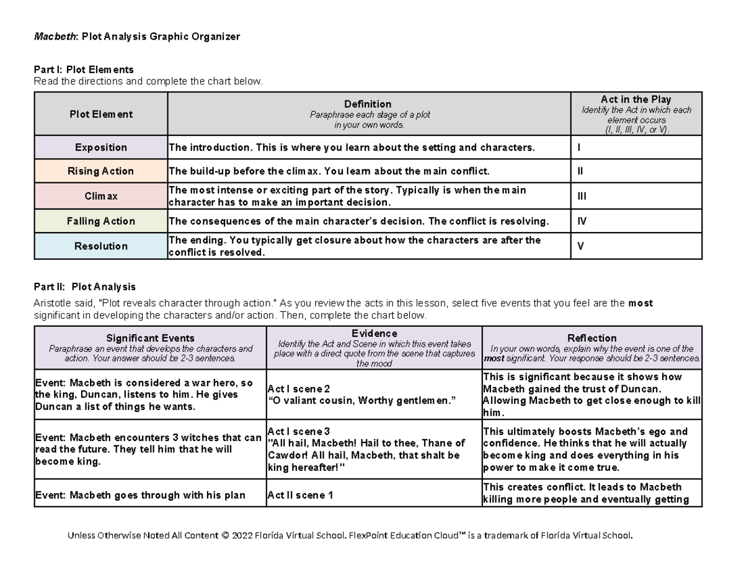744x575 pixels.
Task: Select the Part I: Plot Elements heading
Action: click(84, 69)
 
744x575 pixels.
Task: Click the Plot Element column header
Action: click(101, 114)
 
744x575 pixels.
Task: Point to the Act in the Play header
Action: click(635, 99)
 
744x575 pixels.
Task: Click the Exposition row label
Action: click(101, 148)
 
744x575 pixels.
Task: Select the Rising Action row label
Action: click(101, 171)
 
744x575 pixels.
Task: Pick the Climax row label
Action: click(101, 196)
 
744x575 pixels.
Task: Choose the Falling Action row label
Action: click(101, 221)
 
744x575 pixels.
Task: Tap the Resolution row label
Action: click(101, 246)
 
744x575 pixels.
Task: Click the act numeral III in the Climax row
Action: click(582, 196)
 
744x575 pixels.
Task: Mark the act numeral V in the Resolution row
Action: click(580, 246)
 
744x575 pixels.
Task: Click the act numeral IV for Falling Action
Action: click(582, 221)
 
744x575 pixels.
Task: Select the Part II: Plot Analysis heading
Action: click(84, 287)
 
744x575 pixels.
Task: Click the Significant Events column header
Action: click(150, 338)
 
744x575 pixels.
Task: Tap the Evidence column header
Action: click(374, 334)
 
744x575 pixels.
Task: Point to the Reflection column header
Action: click(591, 338)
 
